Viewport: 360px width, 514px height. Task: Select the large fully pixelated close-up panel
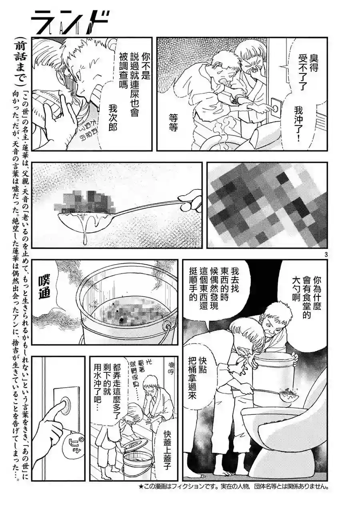[267, 205]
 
